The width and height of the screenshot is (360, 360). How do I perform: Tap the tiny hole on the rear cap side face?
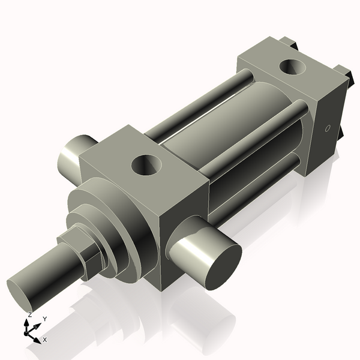[327, 128]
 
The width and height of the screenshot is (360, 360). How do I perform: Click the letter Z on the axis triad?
[29, 315]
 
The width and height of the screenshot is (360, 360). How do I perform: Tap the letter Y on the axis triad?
[45, 319]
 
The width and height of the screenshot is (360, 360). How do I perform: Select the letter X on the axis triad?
[45, 340]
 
